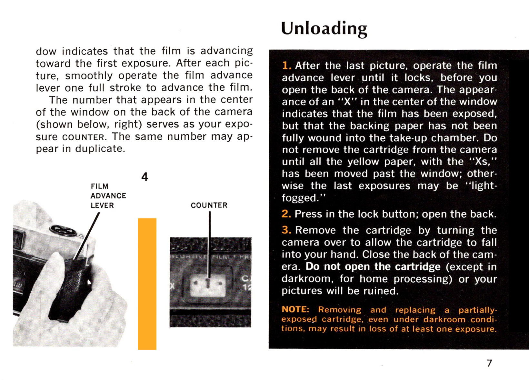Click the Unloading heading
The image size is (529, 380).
324,29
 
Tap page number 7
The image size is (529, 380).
490,363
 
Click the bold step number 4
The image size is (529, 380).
145,177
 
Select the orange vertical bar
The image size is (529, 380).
147,284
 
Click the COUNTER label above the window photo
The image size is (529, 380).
209,205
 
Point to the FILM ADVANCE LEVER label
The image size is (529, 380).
108,196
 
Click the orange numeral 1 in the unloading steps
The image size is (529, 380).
286,66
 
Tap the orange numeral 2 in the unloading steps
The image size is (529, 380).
286,214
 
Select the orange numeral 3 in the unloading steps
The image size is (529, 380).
286,230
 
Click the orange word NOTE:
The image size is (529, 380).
295,309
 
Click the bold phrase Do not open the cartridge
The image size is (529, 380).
373,267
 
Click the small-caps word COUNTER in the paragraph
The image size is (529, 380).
83,137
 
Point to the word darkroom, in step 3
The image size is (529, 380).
307,279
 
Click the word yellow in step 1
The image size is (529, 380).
363,162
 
